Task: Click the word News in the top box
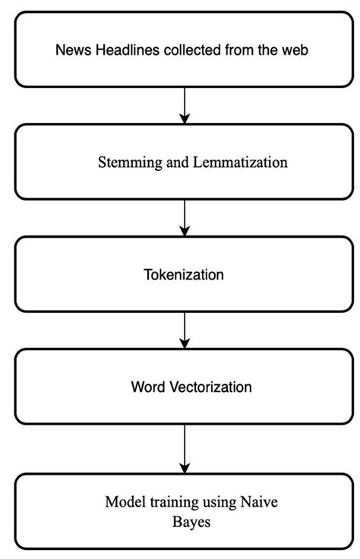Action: [72, 51]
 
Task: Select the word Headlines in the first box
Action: [120, 51]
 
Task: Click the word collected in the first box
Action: [180, 51]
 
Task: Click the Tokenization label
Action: [184, 274]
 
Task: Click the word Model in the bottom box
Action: [124, 502]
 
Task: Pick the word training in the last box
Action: [172, 502]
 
